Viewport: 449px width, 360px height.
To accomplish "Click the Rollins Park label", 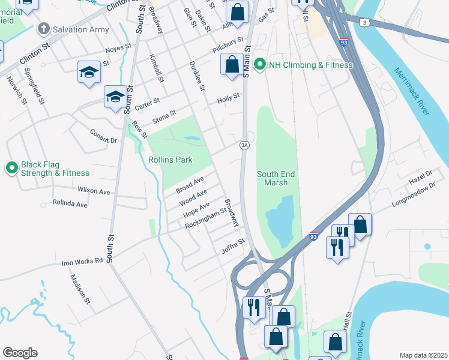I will (x=170, y=160).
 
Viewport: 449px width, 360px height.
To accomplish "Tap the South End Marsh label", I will (x=276, y=178).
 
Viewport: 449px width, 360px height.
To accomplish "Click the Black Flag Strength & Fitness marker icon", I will (x=11, y=169).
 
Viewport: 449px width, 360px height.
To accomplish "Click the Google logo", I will (x=20, y=353).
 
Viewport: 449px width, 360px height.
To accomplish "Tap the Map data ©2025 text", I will (x=423, y=355).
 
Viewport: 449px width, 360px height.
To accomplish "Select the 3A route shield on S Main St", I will (x=244, y=145).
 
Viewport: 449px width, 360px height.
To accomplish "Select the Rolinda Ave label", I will (x=70, y=204).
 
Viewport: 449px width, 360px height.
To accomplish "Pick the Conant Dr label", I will (x=103, y=136).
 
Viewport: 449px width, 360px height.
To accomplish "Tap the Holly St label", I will (x=228, y=96).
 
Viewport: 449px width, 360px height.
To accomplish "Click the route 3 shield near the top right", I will (x=365, y=22).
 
